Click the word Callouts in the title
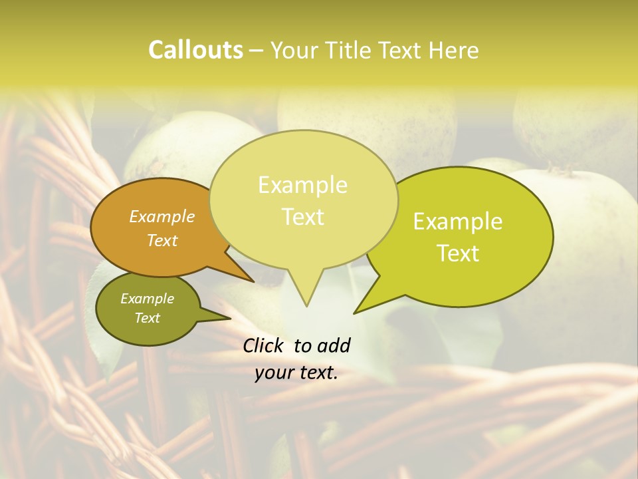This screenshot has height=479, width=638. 195,50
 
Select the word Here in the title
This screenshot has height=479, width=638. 454,51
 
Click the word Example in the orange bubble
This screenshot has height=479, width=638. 162,216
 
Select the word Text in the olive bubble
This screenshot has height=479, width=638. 148,318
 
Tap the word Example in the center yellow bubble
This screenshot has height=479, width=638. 302,185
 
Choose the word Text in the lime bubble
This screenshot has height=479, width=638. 458,253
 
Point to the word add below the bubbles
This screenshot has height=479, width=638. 334,345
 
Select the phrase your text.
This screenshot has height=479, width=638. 296,373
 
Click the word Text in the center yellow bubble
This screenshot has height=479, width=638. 303,217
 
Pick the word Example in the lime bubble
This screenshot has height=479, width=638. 458,222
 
